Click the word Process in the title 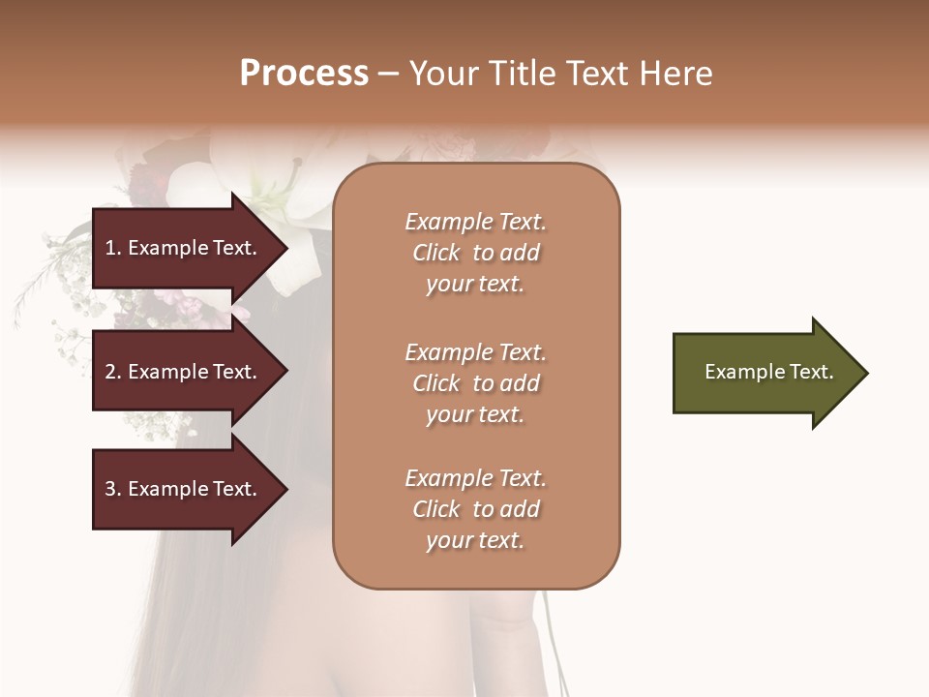pos(304,74)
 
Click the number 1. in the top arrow pos(113,248)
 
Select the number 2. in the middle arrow pos(113,372)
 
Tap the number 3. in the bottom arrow pos(113,489)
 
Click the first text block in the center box pos(475,253)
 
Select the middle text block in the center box pos(475,383)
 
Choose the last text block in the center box pos(475,509)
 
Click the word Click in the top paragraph pos(436,253)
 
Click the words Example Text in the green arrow pos(769,372)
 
